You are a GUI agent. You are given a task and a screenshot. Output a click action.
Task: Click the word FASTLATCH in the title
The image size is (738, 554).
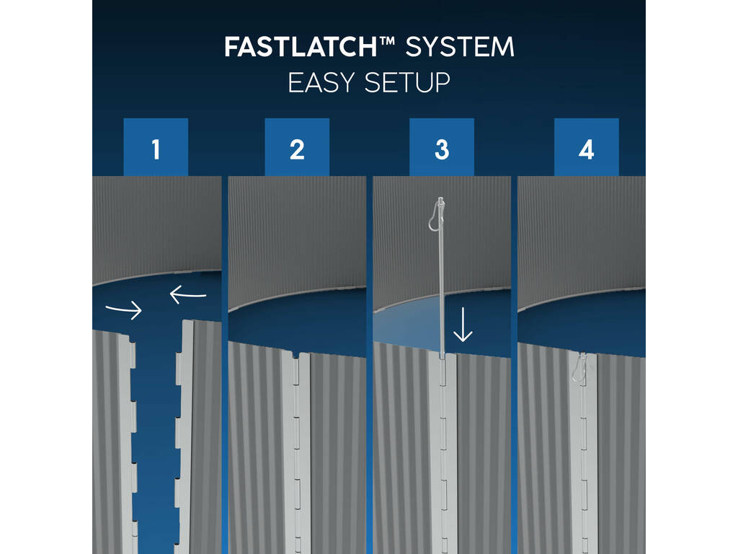coord(301,47)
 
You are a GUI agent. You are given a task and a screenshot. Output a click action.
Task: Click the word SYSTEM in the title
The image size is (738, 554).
coord(459,47)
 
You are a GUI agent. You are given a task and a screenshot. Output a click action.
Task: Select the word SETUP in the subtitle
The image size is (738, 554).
coord(408,83)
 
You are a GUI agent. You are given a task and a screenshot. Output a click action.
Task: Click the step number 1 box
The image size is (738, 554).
coord(156,147)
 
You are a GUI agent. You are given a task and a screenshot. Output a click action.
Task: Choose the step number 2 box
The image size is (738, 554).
coord(297,147)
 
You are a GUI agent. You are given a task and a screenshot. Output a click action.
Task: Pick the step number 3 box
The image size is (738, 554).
coord(442,147)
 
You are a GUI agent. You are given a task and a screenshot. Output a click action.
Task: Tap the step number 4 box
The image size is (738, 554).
coord(587,147)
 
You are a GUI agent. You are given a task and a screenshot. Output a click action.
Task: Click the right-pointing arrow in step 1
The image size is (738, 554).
coord(124,310)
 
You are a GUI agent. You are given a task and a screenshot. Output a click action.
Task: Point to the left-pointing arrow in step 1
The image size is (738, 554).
coord(188,295)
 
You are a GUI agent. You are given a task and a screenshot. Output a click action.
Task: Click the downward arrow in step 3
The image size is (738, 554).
coord(463,325)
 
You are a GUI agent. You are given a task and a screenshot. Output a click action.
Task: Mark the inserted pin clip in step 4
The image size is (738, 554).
coord(578,368)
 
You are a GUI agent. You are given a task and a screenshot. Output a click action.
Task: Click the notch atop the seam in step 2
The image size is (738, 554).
coord(295,354)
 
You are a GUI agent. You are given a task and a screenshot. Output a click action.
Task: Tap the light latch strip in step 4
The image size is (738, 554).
coord(583,452)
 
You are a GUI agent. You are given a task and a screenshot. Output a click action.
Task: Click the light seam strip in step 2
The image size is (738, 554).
coord(295,452)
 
